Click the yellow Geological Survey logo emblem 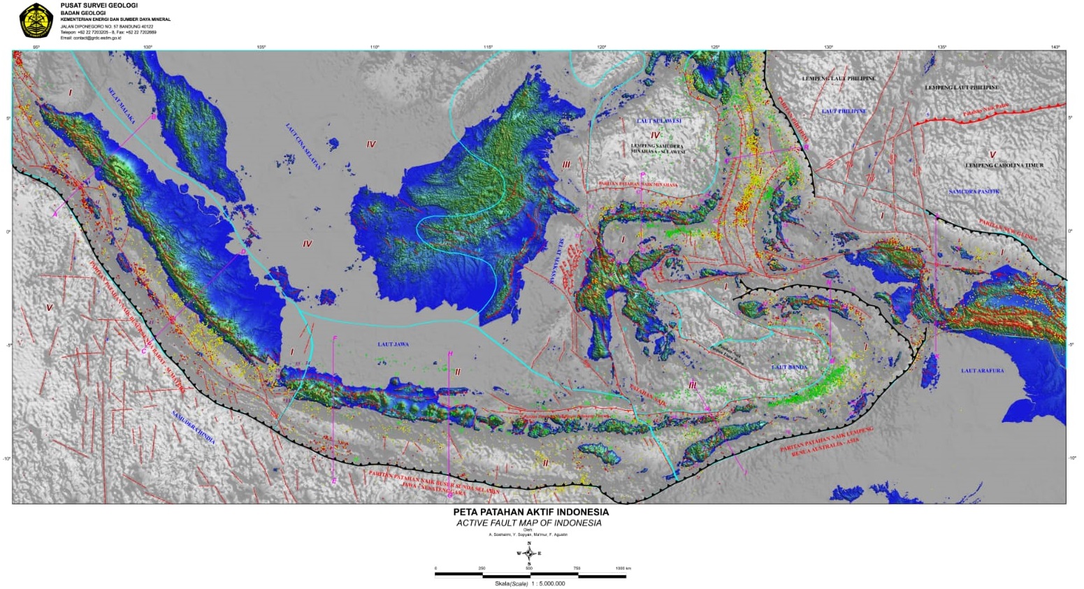(36, 20)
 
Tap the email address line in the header (91, 38)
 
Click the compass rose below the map (529, 553)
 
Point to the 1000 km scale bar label (623, 568)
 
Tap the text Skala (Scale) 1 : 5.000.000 (529, 583)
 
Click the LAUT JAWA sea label (393, 344)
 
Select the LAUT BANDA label (789, 367)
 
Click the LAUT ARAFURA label (982, 370)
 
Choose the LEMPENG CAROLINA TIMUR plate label (1004, 166)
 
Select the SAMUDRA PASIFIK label (974, 191)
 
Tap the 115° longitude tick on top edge (488, 47)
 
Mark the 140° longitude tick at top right (1055, 47)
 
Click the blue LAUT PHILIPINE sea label (844, 111)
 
